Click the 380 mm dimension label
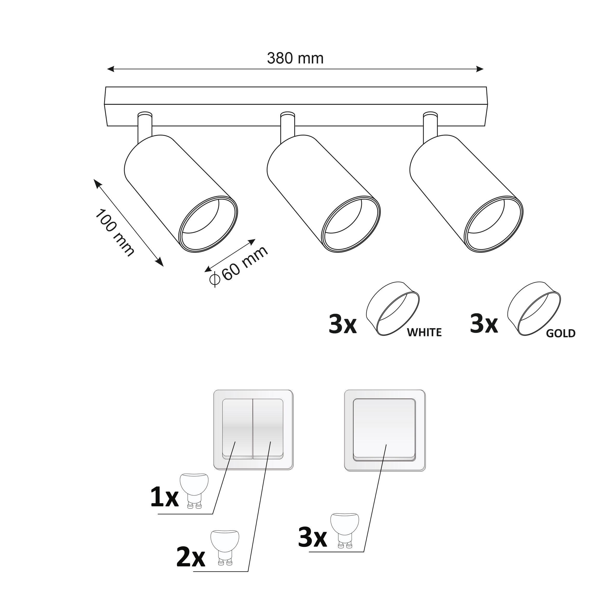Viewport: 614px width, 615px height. click(x=295, y=58)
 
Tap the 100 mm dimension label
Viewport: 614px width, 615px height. click(x=115, y=233)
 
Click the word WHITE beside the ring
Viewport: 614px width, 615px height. click(x=424, y=332)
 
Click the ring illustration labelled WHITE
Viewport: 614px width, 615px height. click(x=393, y=308)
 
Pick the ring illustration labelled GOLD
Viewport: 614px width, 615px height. click(x=534, y=308)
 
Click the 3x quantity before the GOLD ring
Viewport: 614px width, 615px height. click(x=484, y=324)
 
